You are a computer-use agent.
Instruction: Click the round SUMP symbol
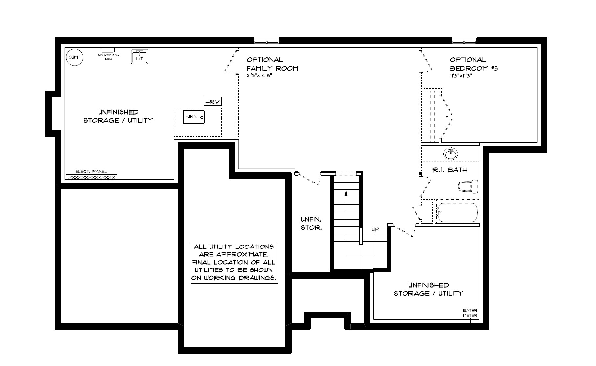(x=75, y=57)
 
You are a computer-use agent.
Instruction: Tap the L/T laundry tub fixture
(x=140, y=56)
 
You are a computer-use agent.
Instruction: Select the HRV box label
(x=212, y=102)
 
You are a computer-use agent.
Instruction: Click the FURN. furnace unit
(x=194, y=117)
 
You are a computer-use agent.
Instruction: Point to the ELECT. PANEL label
(x=91, y=171)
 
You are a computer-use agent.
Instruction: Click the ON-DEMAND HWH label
(x=108, y=57)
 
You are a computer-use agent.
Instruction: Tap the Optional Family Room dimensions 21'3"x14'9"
(x=259, y=75)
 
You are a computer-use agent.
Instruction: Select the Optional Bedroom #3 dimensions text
(x=461, y=75)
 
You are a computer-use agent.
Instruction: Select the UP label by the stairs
(x=375, y=230)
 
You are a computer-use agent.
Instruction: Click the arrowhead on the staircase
(x=346, y=193)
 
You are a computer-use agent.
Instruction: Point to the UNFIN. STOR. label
(x=311, y=223)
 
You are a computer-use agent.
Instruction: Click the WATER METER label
(x=470, y=313)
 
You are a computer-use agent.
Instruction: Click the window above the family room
(x=267, y=41)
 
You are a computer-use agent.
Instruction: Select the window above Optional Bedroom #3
(x=464, y=41)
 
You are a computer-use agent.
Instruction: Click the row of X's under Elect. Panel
(x=91, y=177)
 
